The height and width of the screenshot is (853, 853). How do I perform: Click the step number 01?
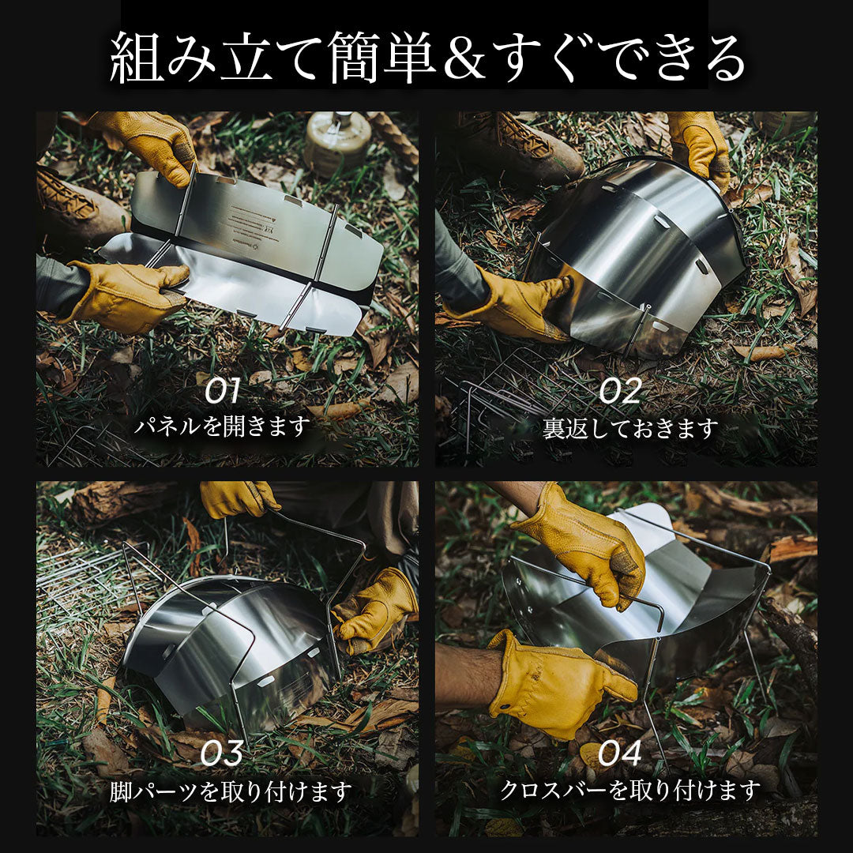[223, 391]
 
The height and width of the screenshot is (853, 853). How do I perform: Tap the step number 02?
[620, 391]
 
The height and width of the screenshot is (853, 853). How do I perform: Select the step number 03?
[221, 753]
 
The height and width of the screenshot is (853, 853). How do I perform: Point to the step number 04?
[620, 753]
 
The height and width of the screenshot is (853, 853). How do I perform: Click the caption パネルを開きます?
[222, 426]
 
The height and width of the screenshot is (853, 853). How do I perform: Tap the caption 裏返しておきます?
[630, 429]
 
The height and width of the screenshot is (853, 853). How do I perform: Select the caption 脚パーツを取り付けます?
[231, 791]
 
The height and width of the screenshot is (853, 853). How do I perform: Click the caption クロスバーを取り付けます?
[630, 790]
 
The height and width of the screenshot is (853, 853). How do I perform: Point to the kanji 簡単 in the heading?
[382, 57]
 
